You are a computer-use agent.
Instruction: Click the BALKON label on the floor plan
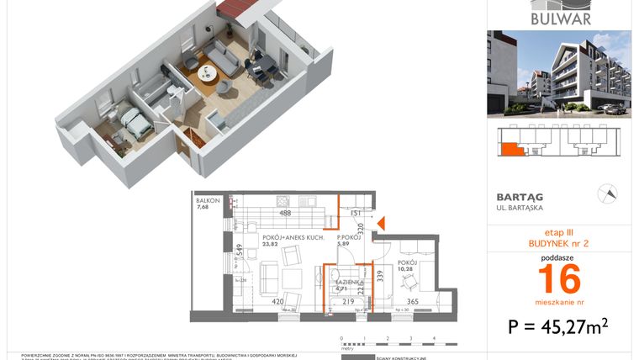point(208,201)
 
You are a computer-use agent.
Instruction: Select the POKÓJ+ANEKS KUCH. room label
point(292,239)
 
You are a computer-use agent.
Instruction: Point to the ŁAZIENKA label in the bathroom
point(349,282)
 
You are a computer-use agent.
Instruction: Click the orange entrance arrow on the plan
point(380,224)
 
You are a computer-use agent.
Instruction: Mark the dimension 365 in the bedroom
point(413,301)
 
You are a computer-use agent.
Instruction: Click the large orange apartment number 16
point(559,276)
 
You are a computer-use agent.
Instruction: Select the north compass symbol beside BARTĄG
point(605,193)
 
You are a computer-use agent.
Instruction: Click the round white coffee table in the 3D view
point(207,74)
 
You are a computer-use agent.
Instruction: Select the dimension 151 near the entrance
point(355,214)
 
